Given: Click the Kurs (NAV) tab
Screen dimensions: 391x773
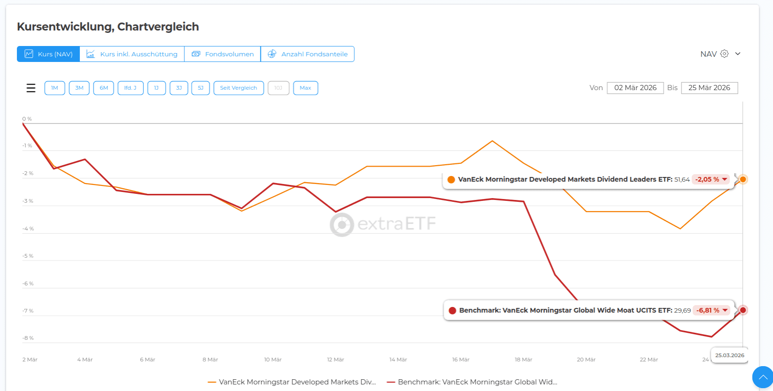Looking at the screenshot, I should point(48,54).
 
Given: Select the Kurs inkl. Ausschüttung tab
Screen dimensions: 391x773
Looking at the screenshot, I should point(132,54).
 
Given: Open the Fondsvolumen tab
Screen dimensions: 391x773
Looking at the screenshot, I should point(223,54).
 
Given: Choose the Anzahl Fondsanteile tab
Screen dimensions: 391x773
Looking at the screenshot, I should point(308,54).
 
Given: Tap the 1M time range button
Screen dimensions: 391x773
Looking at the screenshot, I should point(55,88).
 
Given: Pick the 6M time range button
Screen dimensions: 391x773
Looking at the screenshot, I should point(103,88).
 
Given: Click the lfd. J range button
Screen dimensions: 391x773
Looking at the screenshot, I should point(130,88).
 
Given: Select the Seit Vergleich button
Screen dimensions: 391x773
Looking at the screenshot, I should point(238,88).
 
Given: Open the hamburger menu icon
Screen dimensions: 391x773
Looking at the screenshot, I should point(31,88).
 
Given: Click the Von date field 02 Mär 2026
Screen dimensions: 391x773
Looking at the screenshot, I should point(635,88).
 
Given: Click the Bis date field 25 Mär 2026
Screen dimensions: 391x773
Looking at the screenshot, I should point(709,88).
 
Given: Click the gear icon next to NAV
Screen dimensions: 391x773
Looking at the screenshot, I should point(724,54).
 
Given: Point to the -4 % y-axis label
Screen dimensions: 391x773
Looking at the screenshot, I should point(28,229).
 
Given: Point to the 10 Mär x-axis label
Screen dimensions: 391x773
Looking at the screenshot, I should point(273,360).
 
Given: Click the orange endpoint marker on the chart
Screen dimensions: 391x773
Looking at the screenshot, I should point(742,179).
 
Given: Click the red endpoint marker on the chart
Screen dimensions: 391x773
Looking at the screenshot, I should point(742,310).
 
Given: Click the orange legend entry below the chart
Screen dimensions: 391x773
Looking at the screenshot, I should point(292,382).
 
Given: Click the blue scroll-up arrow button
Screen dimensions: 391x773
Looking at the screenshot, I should point(763,377).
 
